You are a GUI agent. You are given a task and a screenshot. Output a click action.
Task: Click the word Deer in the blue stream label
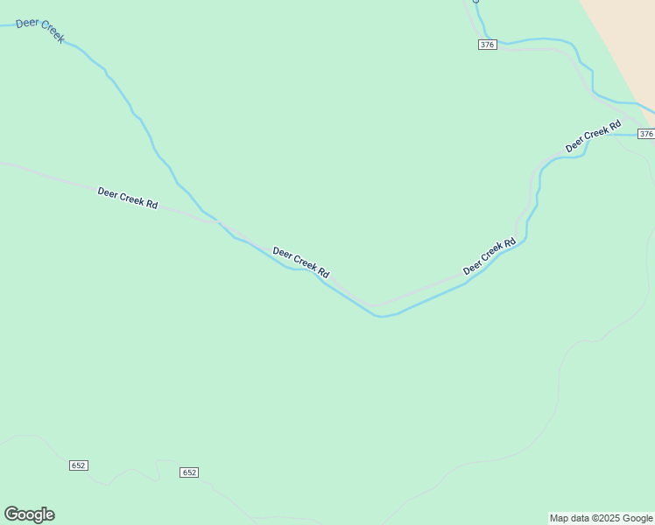[28, 24]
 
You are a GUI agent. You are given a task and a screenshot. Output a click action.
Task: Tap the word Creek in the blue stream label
[51, 33]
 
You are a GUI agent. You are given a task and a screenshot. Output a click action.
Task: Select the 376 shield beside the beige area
[645, 134]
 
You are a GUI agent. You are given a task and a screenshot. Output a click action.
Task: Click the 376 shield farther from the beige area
[488, 45]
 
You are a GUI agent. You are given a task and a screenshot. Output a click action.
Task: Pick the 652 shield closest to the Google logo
[78, 465]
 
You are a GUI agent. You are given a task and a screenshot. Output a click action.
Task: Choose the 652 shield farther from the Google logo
[189, 472]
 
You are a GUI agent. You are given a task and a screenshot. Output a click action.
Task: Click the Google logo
[29, 514]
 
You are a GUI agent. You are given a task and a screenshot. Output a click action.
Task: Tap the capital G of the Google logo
[11, 514]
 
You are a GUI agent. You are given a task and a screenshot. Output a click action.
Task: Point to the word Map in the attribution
[559, 518]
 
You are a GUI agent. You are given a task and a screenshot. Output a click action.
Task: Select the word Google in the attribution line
[638, 518]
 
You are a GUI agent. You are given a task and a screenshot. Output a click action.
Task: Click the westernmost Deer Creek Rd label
[128, 198]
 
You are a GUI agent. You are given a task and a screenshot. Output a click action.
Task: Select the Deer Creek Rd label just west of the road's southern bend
[300, 261]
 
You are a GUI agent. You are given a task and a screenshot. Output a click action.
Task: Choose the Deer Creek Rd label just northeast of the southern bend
[489, 257]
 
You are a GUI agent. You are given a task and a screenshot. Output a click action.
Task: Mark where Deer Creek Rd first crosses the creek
[219, 223]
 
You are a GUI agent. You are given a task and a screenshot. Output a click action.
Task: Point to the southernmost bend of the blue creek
[380, 316]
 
